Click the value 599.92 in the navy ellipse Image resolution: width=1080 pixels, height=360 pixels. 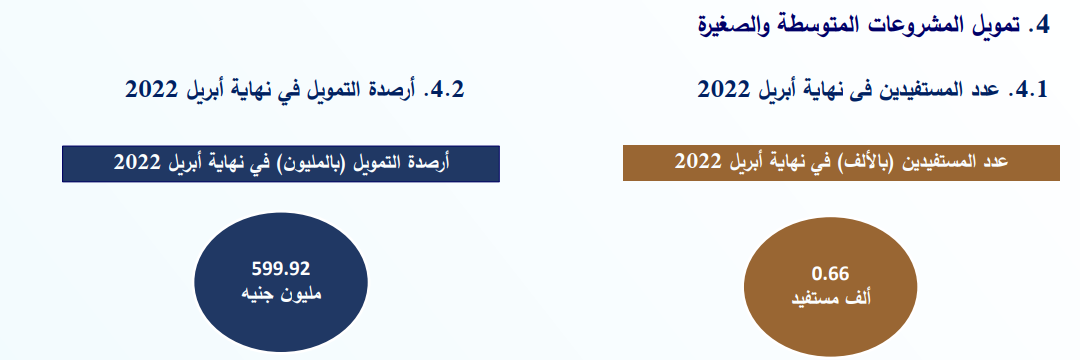(281, 268)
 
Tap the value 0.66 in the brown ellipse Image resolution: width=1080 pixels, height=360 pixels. (831, 274)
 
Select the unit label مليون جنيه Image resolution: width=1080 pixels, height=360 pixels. (281, 293)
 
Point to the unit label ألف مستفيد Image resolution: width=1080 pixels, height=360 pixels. (831, 299)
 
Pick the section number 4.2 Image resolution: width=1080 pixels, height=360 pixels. (445, 90)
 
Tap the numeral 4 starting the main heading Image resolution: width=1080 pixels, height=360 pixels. (1041, 26)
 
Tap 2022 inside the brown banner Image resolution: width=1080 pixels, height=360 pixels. (697, 162)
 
